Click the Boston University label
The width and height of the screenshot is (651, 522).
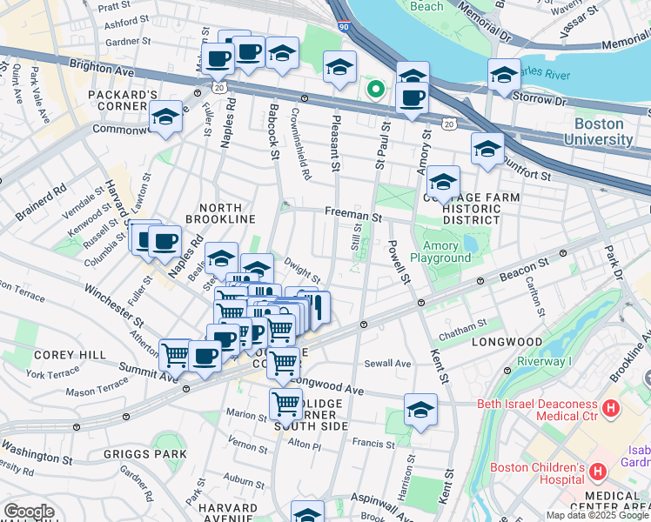point(597,131)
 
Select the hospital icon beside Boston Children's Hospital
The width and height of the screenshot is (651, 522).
point(597,472)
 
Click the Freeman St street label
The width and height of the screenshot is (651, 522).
point(353,212)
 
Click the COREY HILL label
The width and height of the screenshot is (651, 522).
point(70,355)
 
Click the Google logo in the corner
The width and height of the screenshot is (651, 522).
point(28,512)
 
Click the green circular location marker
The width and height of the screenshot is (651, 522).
point(376,88)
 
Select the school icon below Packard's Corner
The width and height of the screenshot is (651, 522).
point(165,117)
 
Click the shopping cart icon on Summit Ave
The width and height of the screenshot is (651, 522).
point(176,353)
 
